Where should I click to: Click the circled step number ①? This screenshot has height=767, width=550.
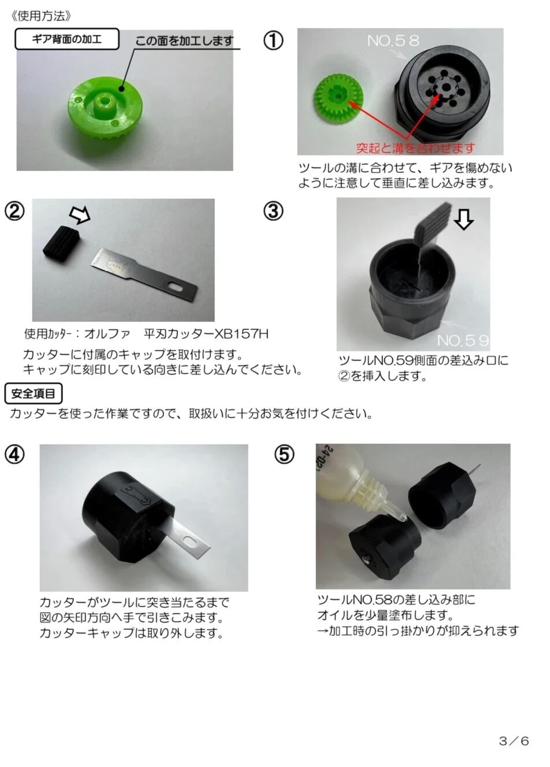click(273, 40)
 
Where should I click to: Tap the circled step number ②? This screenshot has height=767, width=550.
click(14, 211)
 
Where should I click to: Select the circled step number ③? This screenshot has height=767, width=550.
click(273, 211)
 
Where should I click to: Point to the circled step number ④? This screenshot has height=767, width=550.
click(14, 455)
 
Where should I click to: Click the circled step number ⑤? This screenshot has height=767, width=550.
click(284, 454)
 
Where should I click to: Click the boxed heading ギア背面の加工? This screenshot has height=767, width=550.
click(67, 39)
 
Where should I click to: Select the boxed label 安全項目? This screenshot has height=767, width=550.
click(34, 394)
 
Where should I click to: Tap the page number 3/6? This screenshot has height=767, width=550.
click(514, 741)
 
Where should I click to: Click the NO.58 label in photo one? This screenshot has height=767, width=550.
click(393, 40)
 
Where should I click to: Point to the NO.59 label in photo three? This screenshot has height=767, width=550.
click(463, 340)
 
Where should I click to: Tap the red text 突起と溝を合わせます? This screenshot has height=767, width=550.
click(415, 148)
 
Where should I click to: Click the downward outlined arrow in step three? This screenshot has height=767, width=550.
click(463, 219)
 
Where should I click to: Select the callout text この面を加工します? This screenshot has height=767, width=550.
click(184, 41)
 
